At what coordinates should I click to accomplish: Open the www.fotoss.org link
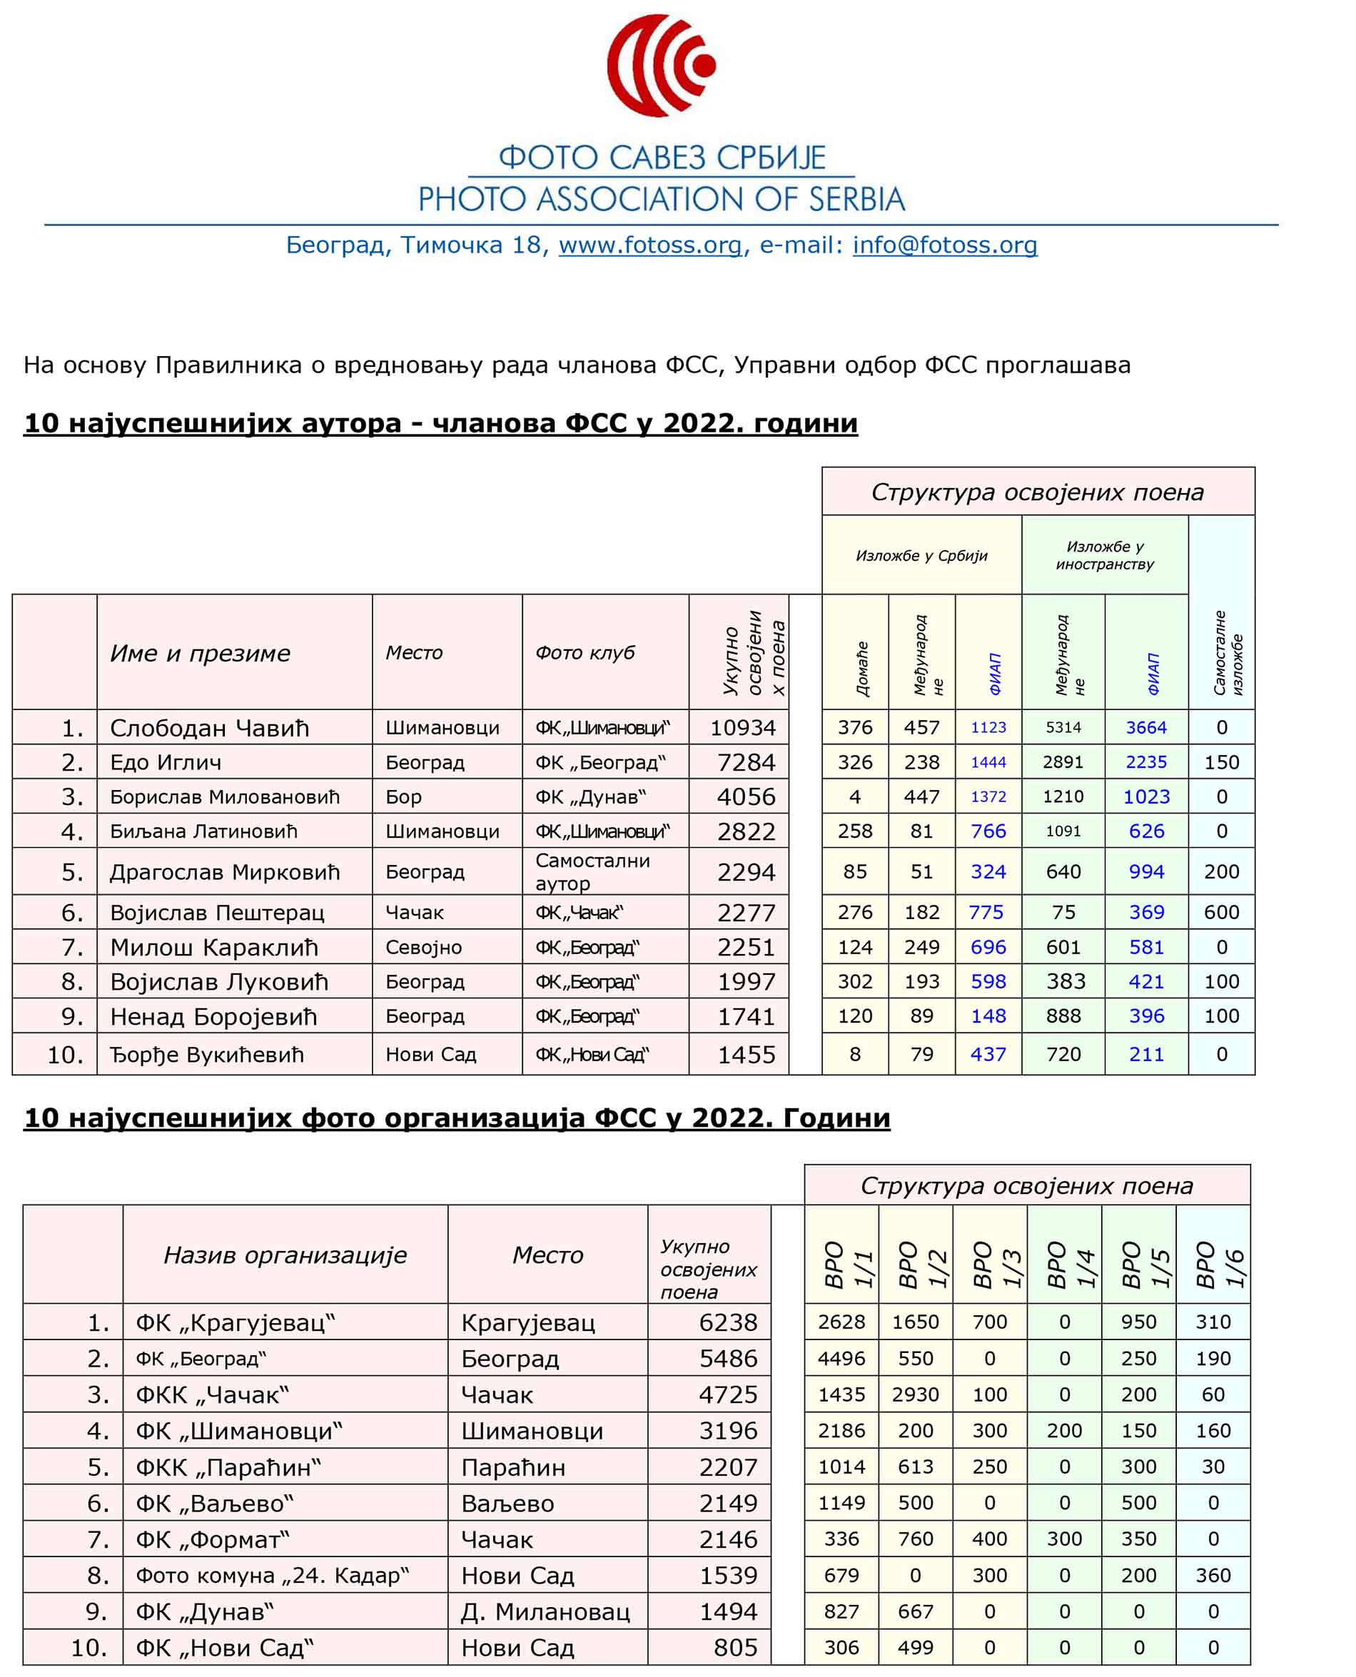click(x=650, y=245)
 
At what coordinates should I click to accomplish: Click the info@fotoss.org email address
click(x=944, y=245)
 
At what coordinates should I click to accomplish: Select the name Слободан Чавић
click(x=209, y=728)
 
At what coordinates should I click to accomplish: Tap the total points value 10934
click(x=742, y=728)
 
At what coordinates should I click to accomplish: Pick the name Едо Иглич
click(x=166, y=762)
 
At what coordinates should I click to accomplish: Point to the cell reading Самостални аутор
click(x=592, y=872)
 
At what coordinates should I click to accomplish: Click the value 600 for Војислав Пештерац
click(x=1221, y=912)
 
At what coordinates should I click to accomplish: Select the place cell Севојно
click(x=423, y=948)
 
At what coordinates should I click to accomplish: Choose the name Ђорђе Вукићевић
click(x=206, y=1055)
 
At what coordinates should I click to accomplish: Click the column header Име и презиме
click(x=200, y=653)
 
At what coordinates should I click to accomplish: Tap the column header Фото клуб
click(x=585, y=653)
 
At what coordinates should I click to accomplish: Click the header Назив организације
click(x=285, y=1255)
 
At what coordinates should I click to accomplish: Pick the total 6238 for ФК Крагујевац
click(x=728, y=1322)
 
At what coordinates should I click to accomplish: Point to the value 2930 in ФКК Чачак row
click(x=915, y=1394)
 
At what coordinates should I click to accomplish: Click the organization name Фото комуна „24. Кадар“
click(x=272, y=1576)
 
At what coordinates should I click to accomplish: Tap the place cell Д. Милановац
click(x=545, y=1611)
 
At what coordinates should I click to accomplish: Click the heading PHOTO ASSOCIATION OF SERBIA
click(x=661, y=200)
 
